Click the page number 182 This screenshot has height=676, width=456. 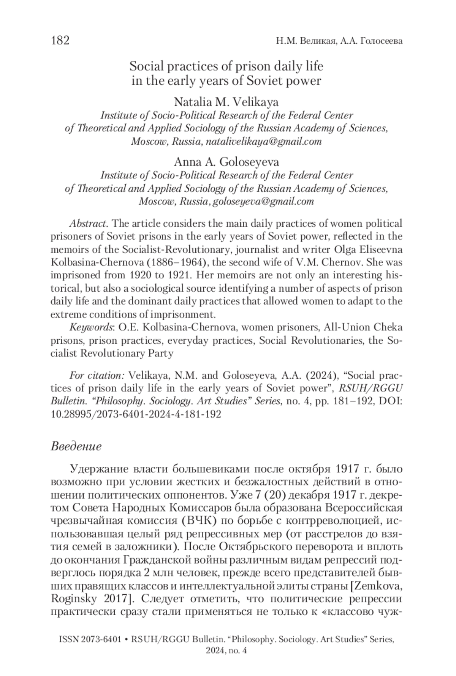(60, 41)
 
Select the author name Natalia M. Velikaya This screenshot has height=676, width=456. (226, 102)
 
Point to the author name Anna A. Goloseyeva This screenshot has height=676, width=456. (226, 162)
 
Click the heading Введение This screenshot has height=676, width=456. (76, 446)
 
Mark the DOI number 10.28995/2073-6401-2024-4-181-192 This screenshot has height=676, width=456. (136, 414)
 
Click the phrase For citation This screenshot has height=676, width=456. (97, 376)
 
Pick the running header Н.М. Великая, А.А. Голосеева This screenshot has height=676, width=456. (339, 41)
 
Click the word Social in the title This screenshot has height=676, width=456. (146, 66)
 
